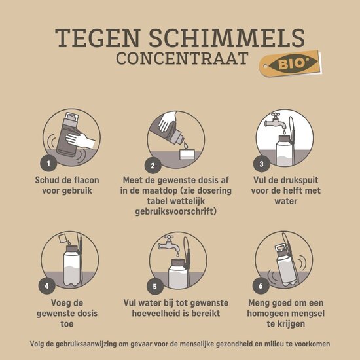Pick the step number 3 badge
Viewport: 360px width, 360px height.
click(x=262, y=163)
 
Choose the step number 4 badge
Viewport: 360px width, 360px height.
click(x=46, y=285)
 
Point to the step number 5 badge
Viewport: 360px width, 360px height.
click(x=155, y=285)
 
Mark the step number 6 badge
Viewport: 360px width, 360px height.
click(x=262, y=285)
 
